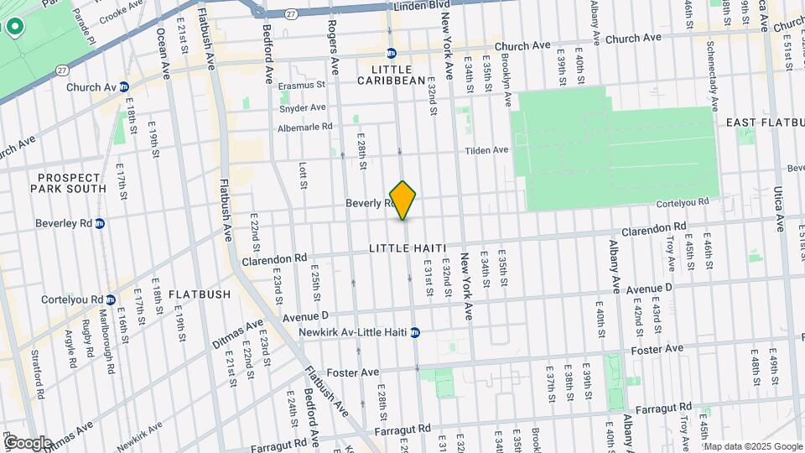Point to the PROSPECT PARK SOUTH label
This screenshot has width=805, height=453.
tap(71, 183)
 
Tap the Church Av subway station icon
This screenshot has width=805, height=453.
tap(124, 86)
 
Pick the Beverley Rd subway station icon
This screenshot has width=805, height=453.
tap(100, 224)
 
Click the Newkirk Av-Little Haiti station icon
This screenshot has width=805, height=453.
tap(414, 332)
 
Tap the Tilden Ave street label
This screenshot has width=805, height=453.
tap(488, 150)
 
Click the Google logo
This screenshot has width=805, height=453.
tap(29, 443)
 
